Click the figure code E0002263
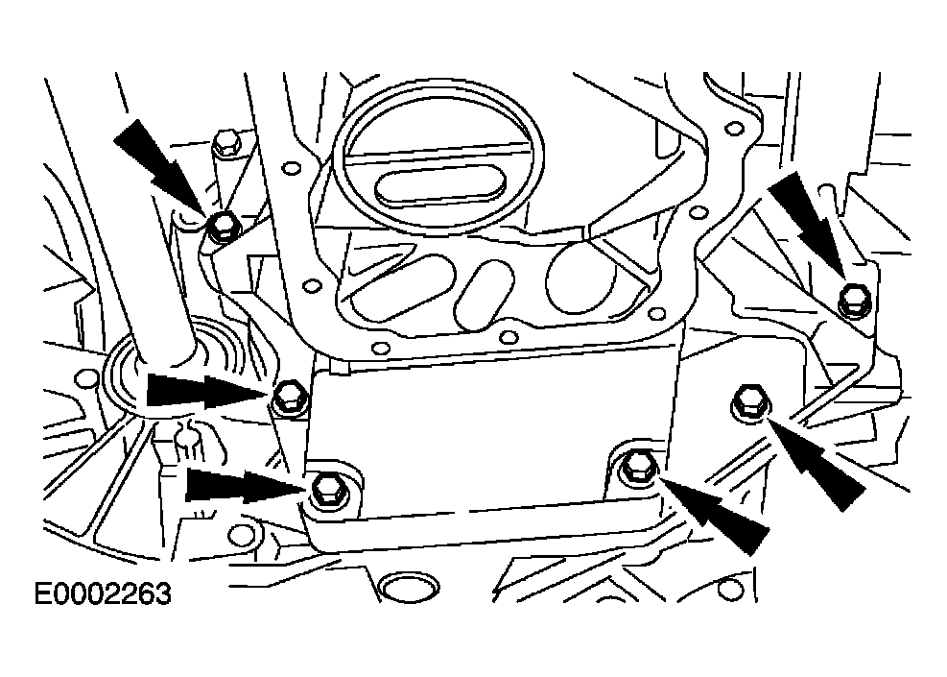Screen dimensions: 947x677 pos(103,594)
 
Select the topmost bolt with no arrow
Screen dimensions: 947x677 pos(227,144)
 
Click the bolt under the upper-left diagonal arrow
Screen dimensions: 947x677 pos(225,228)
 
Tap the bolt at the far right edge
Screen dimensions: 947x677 pos(854,300)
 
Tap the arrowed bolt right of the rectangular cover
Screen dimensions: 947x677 pos(750,400)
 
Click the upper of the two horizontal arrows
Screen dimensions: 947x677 pos(207,390)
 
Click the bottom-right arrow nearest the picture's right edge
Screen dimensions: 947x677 pos(816,464)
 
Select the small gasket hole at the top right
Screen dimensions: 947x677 pos(734,128)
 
